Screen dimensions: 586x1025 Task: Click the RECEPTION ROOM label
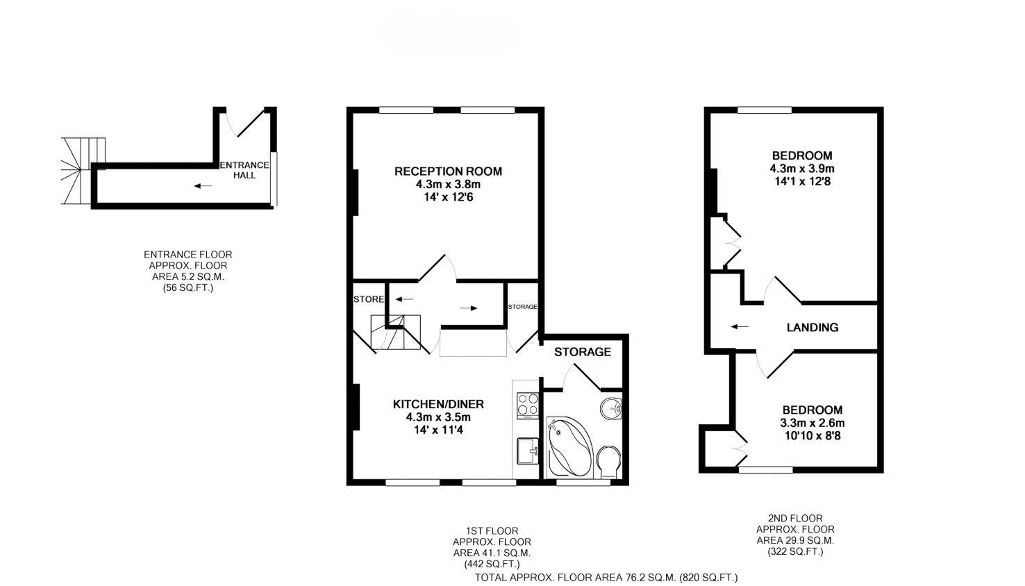coord(448,171)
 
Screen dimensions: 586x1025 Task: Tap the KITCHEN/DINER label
coord(438,404)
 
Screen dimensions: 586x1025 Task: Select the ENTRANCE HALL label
coord(244,170)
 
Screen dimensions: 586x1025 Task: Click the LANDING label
coord(812,328)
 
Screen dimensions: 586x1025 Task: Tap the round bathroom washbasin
coord(611,408)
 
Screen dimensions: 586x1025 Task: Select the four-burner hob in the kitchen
coord(527,405)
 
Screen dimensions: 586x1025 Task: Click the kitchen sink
coord(528,451)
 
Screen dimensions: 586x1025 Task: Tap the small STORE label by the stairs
coord(368,300)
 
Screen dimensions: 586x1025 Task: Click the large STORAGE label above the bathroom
coord(582,352)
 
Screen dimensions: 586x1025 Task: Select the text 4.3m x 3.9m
coord(801,169)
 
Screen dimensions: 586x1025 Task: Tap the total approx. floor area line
coord(606,578)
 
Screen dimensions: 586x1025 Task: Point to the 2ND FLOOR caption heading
coord(795,518)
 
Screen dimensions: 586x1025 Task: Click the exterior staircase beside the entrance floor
coord(82,170)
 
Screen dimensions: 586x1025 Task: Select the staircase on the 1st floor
coord(396,333)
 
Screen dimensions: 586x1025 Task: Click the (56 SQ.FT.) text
coord(183,287)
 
